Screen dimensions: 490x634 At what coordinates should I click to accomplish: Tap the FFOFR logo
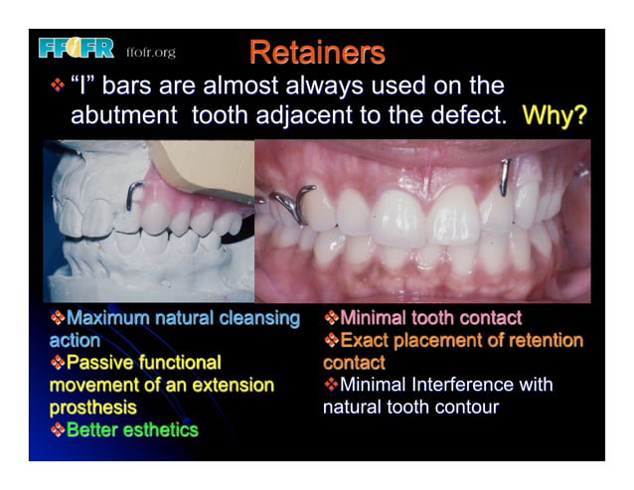click(76, 48)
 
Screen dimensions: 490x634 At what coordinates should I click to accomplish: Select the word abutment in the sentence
click(123, 115)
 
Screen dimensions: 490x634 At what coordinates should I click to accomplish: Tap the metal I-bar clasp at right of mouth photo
click(504, 176)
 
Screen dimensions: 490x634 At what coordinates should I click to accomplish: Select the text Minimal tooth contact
click(430, 318)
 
